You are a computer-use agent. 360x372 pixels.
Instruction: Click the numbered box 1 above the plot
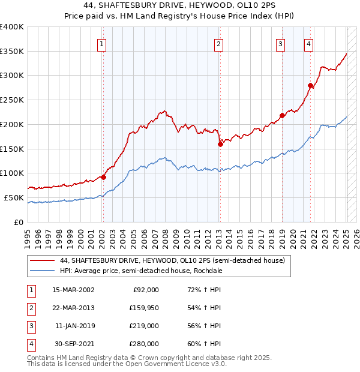(102, 44)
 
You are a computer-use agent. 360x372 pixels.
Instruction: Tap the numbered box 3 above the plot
(280, 44)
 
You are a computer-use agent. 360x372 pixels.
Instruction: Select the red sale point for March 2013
(220, 143)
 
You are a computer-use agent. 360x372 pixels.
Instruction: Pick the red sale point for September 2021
(311, 85)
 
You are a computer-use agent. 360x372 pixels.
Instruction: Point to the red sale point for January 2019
(282, 115)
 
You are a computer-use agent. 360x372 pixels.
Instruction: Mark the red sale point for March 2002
(103, 177)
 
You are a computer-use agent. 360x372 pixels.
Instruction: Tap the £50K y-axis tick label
(14, 197)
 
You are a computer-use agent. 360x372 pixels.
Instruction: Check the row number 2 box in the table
(31, 308)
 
